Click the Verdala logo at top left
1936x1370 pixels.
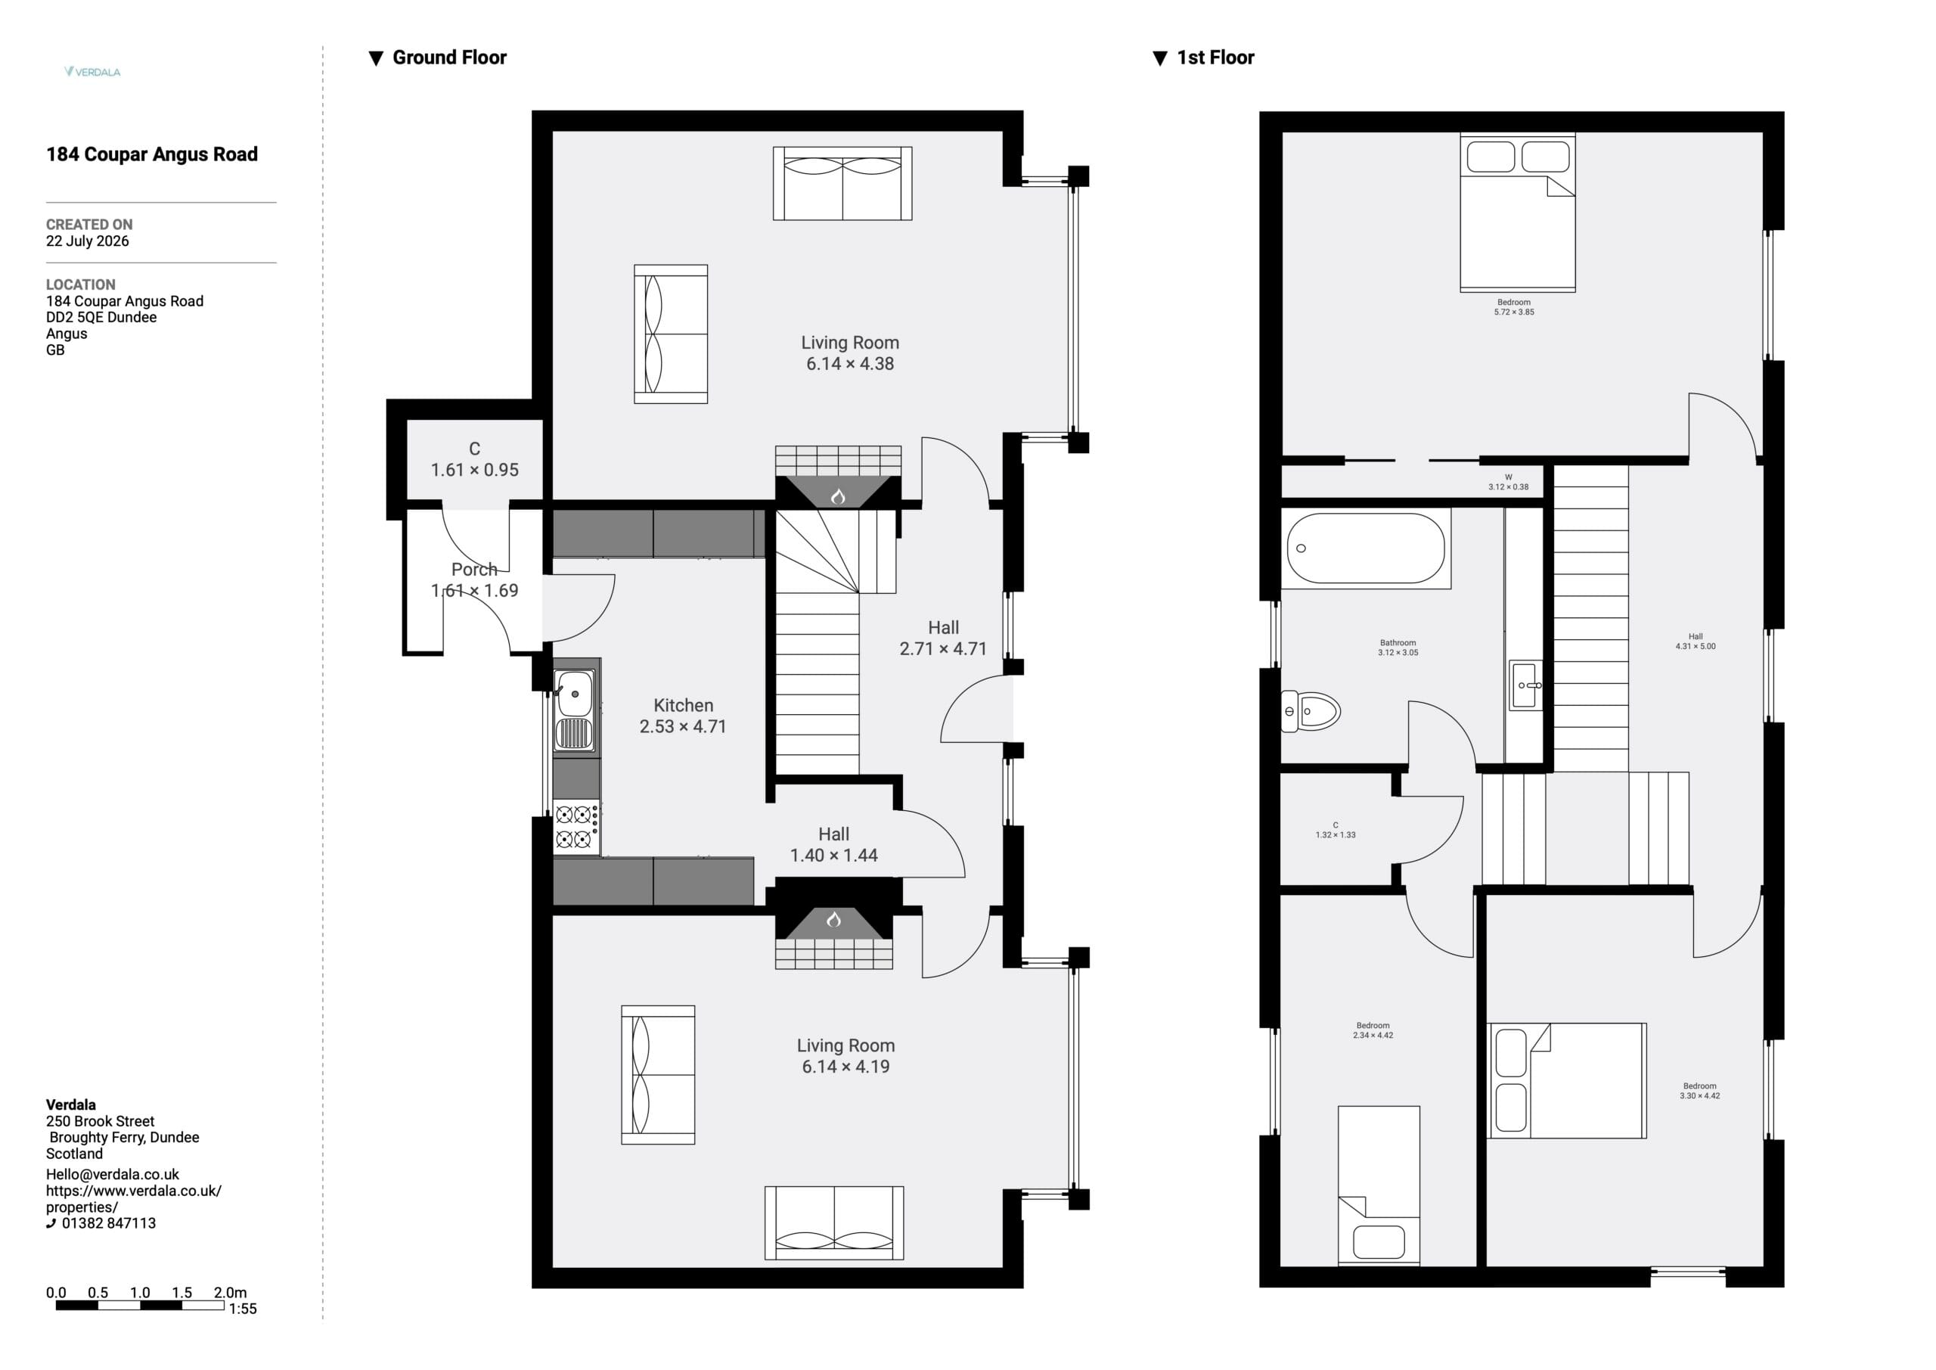(92, 72)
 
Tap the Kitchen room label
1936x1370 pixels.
(683, 705)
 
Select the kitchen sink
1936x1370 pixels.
(574, 710)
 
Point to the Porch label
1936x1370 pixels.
(474, 570)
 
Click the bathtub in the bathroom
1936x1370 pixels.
(1365, 548)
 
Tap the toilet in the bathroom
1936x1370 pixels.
(1311, 711)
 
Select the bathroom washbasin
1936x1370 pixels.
(1525, 685)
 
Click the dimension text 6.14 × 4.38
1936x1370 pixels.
(850, 364)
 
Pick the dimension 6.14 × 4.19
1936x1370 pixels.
(845, 1067)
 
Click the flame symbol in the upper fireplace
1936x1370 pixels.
(838, 497)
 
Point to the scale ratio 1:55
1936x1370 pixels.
(243, 1309)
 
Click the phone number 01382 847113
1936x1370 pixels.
(109, 1223)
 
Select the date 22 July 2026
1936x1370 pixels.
(88, 241)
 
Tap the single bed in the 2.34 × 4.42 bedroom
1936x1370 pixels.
(1379, 1185)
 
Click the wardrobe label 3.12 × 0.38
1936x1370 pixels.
(1509, 486)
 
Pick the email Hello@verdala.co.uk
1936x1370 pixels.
(112, 1174)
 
